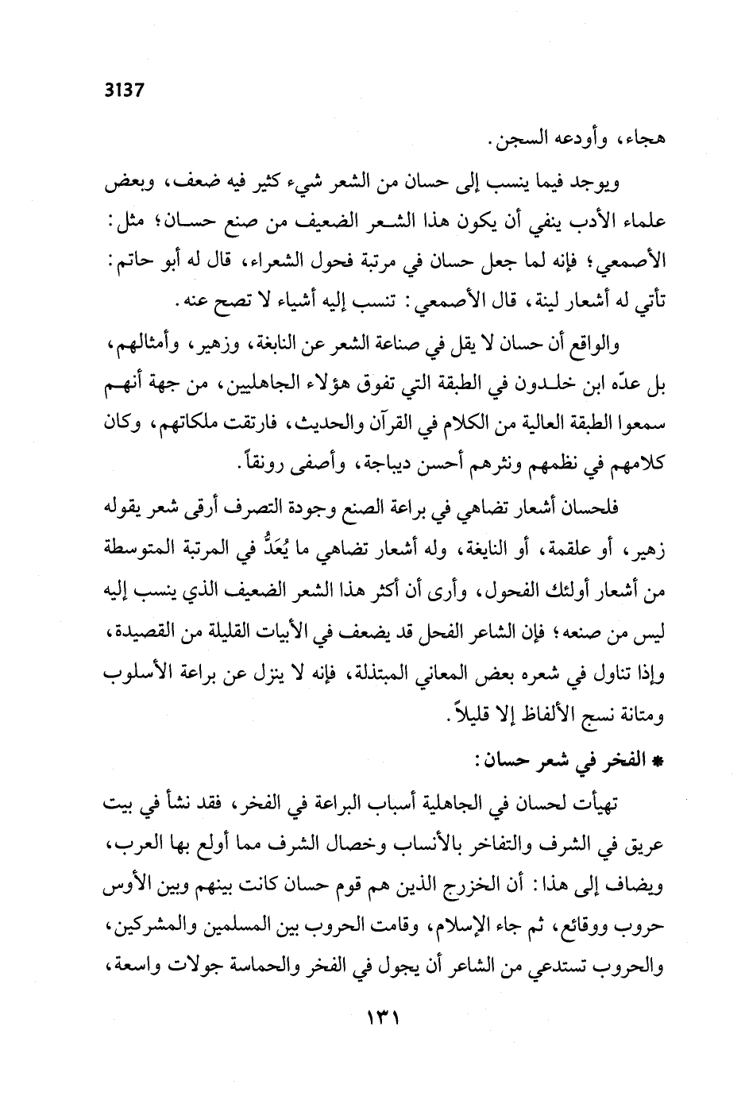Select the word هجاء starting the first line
coord(644,141)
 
